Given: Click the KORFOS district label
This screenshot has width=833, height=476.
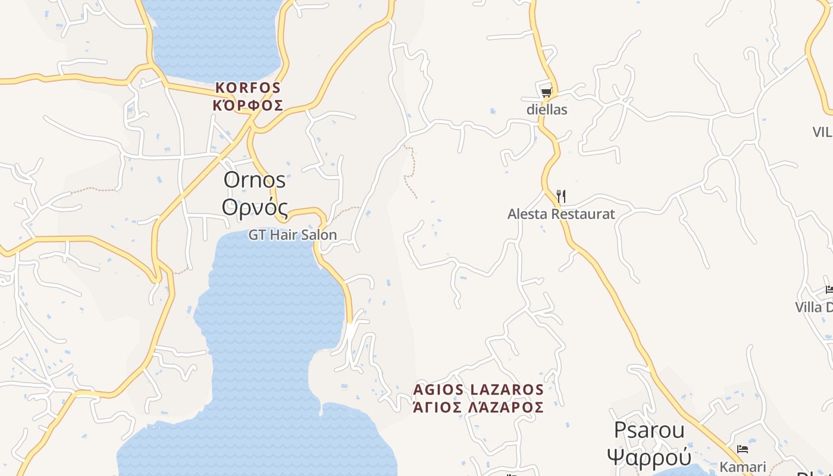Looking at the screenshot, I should [248, 87].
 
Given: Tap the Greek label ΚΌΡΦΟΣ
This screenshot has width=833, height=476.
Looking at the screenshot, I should [248, 105].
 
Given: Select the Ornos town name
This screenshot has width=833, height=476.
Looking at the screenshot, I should [255, 180].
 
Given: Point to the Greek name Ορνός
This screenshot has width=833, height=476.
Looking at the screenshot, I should [255, 208].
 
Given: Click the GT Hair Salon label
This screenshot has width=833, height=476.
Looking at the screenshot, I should [293, 235].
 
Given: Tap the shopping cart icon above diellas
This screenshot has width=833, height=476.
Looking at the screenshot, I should [546, 92].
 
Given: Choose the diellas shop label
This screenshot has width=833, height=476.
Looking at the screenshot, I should [547, 109].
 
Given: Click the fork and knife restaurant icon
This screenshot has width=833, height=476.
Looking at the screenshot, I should [560, 196].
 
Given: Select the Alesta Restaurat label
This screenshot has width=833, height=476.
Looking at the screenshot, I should [560, 214].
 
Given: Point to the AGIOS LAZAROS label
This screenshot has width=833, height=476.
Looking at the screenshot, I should [479, 390].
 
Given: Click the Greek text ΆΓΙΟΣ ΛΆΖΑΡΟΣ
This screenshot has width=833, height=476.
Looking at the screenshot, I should [479, 407].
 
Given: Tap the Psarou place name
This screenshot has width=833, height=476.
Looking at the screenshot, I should [649, 430].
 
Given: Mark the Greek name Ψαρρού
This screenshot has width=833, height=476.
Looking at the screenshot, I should [649, 457].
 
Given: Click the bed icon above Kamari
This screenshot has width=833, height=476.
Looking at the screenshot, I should [743, 449].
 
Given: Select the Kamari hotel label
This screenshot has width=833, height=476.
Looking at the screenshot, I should [743, 466].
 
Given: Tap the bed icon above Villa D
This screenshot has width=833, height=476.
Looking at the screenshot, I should [829, 290].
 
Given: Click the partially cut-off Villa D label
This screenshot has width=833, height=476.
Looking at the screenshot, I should [814, 307].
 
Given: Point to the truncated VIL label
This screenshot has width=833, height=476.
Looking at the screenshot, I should [822, 131].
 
